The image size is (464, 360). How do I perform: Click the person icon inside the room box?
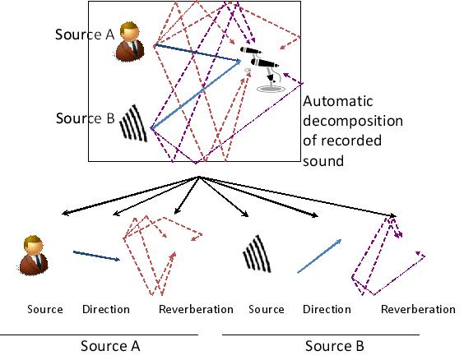click(130, 41)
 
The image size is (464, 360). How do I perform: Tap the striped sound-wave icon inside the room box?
click(133, 123)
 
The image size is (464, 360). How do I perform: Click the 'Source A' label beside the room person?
click(85, 35)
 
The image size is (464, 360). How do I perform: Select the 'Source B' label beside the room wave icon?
click(86, 118)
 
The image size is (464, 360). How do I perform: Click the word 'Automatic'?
click(337, 101)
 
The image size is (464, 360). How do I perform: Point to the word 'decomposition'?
click(353, 122)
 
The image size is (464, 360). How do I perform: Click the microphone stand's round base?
click(271, 89)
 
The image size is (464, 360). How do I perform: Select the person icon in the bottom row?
click(33, 256)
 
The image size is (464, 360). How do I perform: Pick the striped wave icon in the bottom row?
click(258, 254)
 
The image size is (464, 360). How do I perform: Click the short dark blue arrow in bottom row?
click(96, 256)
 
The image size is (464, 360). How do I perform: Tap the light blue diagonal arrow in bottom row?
click(319, 256)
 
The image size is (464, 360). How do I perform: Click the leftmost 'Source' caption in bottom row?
click(45, 310)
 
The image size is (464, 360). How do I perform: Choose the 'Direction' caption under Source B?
click(327, 310)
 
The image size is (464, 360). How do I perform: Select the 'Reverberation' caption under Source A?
click(196, 310)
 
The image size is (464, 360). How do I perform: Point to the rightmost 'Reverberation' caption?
click(418, 310)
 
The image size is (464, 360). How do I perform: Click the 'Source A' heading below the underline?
click(110, 346)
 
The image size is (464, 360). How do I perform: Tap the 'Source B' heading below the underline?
click(335, 346)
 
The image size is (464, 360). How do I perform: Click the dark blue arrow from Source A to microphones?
click(197, 53)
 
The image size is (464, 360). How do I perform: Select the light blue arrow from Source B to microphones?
click(196, 95)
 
